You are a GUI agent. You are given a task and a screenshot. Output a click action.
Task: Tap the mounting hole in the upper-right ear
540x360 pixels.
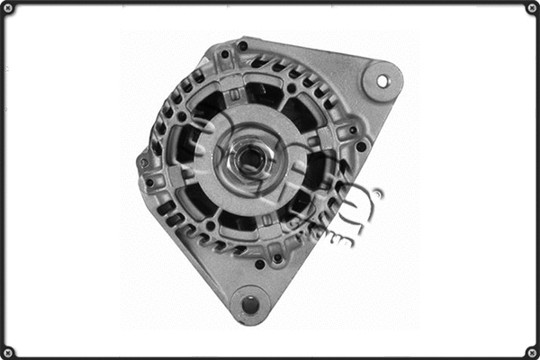click(x=382, y=81)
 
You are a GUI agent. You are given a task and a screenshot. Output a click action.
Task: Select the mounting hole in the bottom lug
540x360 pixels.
click(x=250, y=304)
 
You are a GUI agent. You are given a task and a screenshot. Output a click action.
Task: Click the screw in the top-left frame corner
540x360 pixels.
click(x=8, y=8)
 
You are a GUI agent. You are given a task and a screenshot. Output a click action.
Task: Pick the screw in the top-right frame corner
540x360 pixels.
click(x=531, y=8)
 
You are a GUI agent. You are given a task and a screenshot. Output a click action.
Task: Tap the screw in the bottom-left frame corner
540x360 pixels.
click(x=8, y=351)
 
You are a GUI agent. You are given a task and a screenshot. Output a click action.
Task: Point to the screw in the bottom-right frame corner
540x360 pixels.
click(x=531, y=351)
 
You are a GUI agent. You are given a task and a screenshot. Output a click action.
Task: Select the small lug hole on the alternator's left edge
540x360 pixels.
click(x=144, y=163)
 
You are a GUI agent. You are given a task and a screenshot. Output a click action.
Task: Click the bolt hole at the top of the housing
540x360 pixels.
click(x=242, y=46)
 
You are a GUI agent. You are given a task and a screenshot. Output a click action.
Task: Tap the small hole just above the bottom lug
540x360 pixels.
click(x=260, y=264)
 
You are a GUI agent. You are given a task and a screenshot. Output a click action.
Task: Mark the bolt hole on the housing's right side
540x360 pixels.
click(x=361, y=147)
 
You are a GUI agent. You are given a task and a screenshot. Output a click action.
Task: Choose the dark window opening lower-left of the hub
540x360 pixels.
click(x=200, y=200)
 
